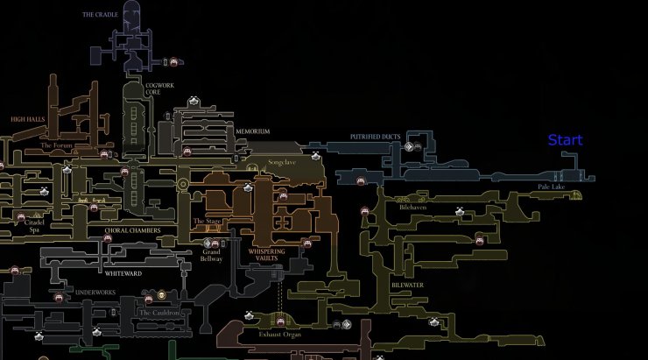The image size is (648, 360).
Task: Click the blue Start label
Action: (565, 140)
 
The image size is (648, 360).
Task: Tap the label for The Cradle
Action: (100, 15)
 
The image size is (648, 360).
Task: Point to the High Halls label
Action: (28, 117)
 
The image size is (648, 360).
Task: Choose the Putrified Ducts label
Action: (375, 138)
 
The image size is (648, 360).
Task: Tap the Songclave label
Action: (282, 162)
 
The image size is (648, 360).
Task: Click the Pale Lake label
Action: (552, 187)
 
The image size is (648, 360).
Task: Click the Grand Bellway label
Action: (211, 255)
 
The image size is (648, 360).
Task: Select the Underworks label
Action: (94, 292)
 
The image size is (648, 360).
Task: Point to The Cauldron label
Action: (159, 313)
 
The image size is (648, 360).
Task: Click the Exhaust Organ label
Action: (279, 335)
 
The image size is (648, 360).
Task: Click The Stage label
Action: (207, 222)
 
